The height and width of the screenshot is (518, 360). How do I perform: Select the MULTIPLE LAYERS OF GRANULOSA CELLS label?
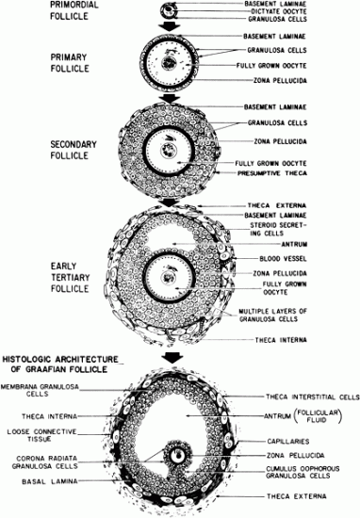click(x=285, y=315)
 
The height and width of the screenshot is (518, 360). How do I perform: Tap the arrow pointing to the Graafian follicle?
click(x=172, y=357)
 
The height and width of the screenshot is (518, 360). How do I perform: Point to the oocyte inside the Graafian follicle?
click(x=179, y=454)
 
